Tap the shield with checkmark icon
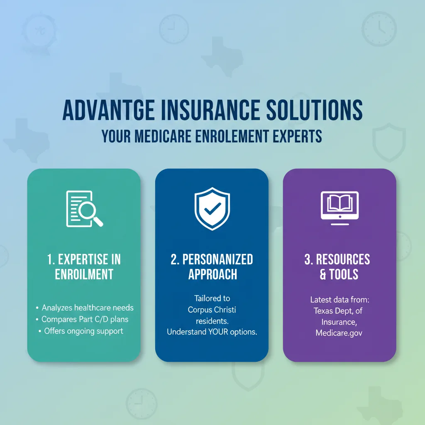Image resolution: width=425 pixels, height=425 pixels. point(212,208)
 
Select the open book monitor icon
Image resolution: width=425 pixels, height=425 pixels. point(340,206)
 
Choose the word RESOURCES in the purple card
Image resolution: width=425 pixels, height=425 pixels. point(343,260)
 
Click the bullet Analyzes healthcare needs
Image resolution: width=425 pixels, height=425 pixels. point(88,308)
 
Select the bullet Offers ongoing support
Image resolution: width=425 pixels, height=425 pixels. point(84,331)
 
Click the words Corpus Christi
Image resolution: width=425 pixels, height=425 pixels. point(212,310)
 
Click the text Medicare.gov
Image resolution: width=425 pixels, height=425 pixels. point(339,333)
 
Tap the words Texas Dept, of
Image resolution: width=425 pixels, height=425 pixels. point(339,310)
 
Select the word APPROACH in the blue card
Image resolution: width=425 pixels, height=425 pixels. point(212,274)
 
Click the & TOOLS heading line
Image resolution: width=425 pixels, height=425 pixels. point(339,274)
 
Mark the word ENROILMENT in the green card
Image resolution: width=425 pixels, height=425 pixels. point(84,274)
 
